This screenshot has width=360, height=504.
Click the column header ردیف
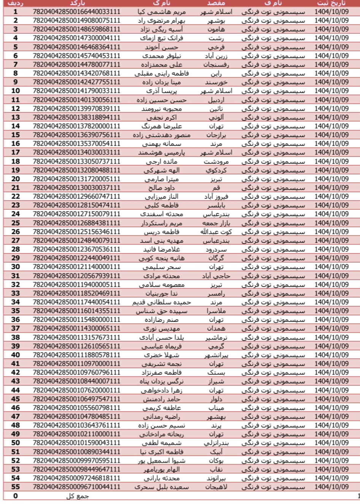[16, 3]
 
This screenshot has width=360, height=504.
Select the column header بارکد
[76, 3]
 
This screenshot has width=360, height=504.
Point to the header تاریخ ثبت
[331, 3]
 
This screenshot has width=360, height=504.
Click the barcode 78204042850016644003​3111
[77, 12]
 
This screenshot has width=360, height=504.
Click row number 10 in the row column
[16, 91]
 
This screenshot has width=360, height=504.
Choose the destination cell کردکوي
[217, 170]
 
